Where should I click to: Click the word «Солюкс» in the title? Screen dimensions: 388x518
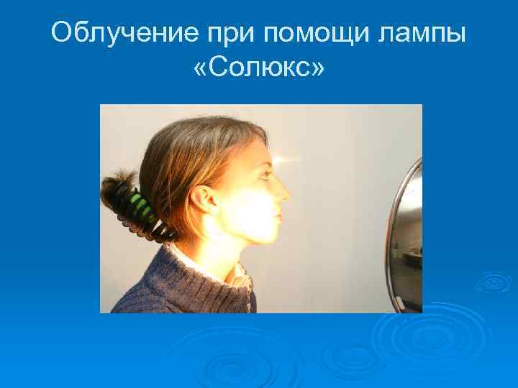(x=259, y=70)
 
